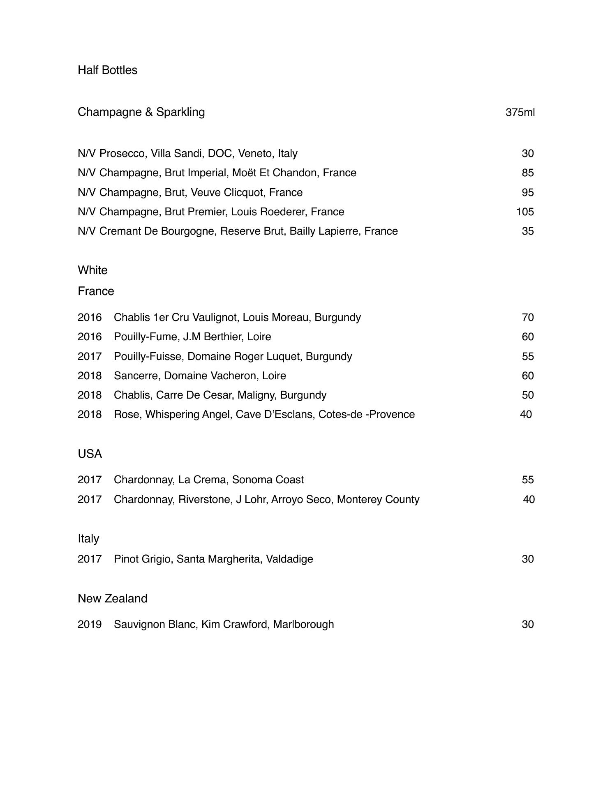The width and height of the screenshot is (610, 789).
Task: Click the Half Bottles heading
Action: (107, 70)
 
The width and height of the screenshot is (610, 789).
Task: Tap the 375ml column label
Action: (520, 112)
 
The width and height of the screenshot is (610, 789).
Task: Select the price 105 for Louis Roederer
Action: (525, 212)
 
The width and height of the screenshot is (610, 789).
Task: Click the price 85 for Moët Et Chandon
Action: (528, 173)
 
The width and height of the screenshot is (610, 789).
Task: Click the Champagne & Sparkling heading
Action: (141, 112)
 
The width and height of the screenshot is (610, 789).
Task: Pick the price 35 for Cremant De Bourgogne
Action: (528, 231)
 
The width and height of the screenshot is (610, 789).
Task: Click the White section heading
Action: (92, 270)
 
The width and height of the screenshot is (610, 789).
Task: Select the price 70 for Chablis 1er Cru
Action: (528, 317)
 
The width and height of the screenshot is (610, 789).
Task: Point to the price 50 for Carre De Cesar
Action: (528, 395)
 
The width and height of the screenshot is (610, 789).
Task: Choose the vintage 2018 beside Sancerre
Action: (90, 376)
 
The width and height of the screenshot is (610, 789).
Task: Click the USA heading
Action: (90, 454)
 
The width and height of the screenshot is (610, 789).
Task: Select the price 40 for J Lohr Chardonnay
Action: (529, 499)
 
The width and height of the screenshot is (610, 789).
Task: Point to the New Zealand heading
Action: (112, 598)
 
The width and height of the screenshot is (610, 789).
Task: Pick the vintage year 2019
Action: (90, 624)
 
